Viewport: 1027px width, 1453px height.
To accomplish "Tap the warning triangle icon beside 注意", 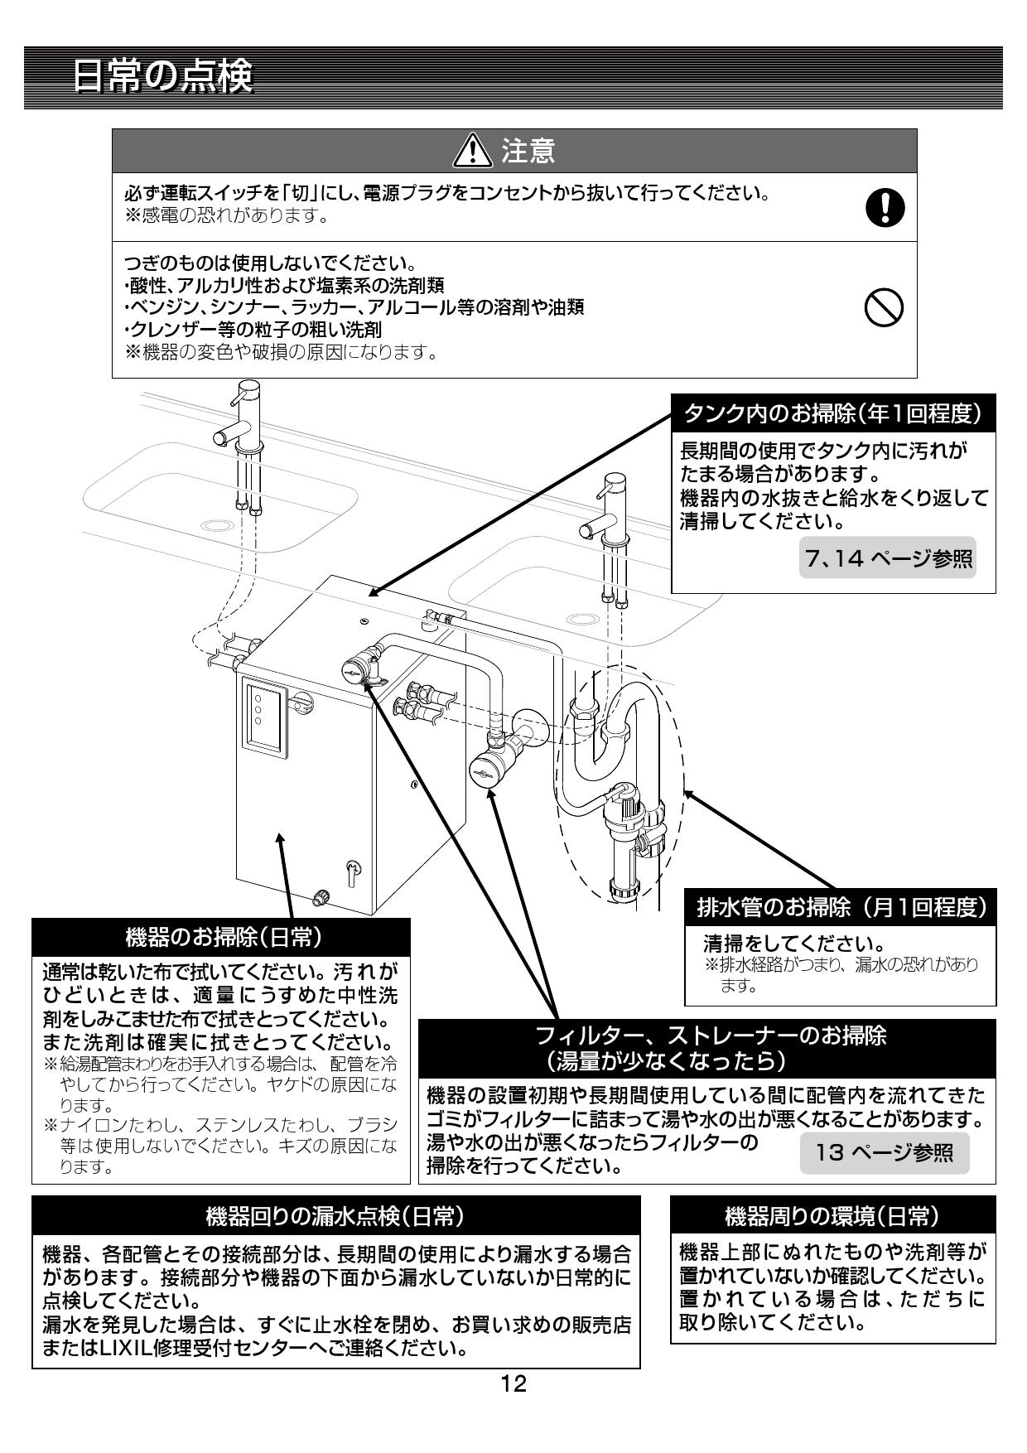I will [474, 151].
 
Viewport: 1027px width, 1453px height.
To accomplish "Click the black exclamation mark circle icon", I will [885, 207].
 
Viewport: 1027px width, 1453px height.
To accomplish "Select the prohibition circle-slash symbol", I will [884, 309].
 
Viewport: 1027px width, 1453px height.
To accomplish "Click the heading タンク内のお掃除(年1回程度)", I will [832, 413].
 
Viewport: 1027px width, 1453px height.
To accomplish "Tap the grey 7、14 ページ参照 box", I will [887, 559].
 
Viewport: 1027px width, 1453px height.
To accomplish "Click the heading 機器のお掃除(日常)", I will [222, 937].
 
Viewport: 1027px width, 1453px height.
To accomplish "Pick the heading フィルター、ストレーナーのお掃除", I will [710, 1036].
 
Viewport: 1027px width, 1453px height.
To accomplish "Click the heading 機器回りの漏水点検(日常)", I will [335, 1215].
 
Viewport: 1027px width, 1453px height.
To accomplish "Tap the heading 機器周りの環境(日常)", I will [832, 1215].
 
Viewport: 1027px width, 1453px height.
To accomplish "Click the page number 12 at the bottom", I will [513, 1383].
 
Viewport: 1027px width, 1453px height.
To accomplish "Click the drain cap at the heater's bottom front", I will [321, 896].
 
